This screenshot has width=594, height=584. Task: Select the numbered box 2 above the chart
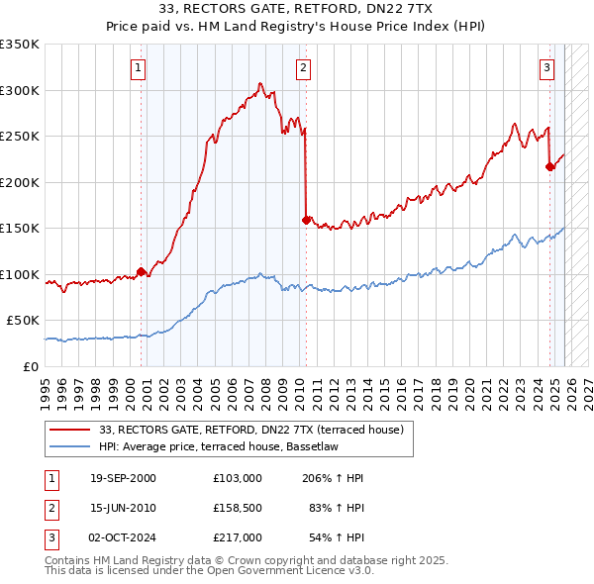coord(302,68)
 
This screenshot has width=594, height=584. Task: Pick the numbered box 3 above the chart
coord(546,68)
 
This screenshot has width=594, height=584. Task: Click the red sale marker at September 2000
coord(141,271)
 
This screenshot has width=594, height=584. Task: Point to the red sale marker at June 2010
coord(306,220)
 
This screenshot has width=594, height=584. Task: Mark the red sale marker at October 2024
coord(550,166)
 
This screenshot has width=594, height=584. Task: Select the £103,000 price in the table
coord(237,477)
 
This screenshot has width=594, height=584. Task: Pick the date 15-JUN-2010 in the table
coord(123,507)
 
